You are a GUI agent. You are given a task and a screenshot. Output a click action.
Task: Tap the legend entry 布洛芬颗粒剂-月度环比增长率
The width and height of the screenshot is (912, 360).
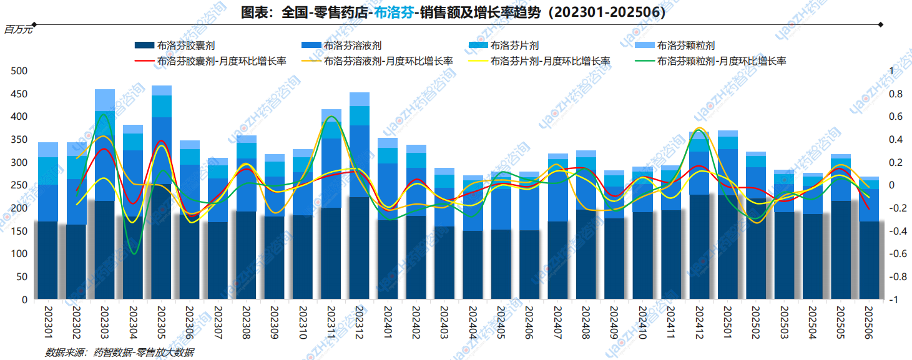pyautogui.click(x=717, y=61)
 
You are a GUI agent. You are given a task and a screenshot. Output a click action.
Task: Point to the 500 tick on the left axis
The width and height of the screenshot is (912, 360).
pyautogui.click(x=21, y=71)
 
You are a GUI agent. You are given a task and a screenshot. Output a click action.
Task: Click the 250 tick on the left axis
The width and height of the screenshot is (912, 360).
pyautogui.click(x=21, y=185)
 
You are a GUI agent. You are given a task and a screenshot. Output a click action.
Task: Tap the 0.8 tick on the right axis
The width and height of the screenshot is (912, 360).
pyautogui.click(x=895, y=94)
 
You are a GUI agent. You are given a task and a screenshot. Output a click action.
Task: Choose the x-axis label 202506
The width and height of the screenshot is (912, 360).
pyautogui.click(x=868, y=322)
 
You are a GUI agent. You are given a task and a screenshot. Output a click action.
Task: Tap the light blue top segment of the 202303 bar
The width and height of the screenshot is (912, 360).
pyautogui.click(x=105, y=100)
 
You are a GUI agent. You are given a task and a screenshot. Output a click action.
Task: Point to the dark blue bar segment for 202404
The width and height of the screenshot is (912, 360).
pyautogui.click(x=473, y=265)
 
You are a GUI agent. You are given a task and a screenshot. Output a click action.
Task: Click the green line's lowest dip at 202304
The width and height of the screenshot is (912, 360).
pyautogui.click(x=133, y=253)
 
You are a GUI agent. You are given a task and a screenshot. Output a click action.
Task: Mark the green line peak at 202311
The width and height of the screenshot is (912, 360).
pyautogui.click(x=331, y=117)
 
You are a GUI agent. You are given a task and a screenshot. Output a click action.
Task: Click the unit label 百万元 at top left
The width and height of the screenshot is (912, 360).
pyautogui.click(x=18, y=30)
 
